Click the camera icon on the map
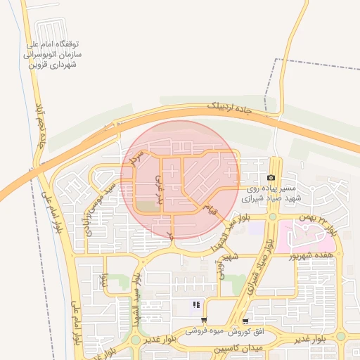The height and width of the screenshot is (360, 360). click(x=271, y=179)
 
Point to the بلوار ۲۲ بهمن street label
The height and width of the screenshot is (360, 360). click(x=326, y=223)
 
